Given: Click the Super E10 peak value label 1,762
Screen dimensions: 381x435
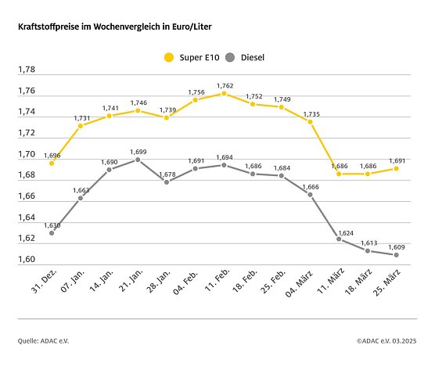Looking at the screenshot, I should (x=225, y=85).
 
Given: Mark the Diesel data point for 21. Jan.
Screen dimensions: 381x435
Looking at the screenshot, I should (x=138, y=160).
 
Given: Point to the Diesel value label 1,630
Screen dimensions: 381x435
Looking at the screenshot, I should (x=52, y=225).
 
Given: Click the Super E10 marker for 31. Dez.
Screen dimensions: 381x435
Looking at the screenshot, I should (x=52, y=163).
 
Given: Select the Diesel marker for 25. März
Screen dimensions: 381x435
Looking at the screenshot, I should (x=397, y=255).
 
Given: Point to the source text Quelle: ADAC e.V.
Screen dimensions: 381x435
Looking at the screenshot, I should (x=49, y=341).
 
